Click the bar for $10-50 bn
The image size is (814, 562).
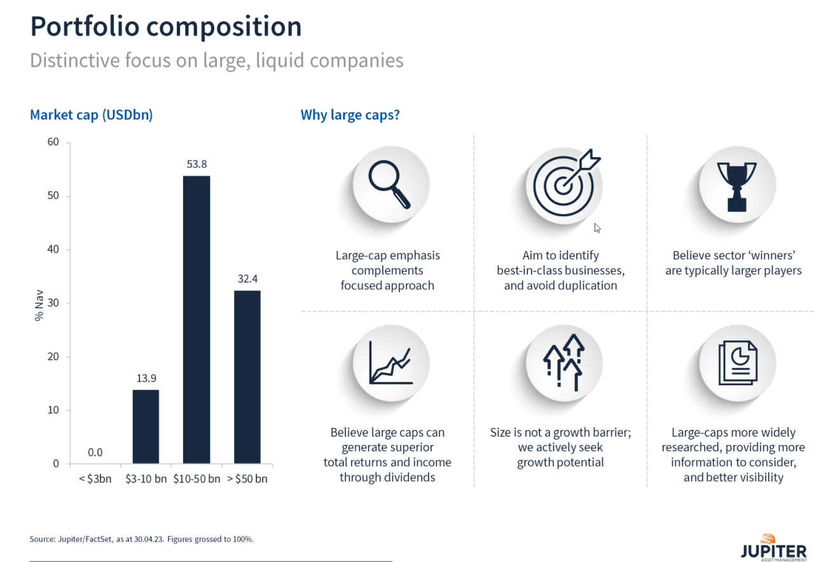coord(197,319)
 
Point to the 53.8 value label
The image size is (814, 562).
coord(197,164)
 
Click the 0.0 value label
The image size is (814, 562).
coord(95,453)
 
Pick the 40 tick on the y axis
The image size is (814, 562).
coord(53,249)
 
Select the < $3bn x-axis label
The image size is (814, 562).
coord(95,479)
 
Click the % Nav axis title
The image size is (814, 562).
coord(39,302)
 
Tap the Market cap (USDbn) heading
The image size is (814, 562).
coord(91,115)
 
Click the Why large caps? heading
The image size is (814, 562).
coord(350,115)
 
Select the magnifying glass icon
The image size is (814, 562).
coord(389,185)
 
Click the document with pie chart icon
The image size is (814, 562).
coord(738,363)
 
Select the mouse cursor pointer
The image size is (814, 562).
coord(597,228)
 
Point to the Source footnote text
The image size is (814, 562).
coord(141,539)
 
